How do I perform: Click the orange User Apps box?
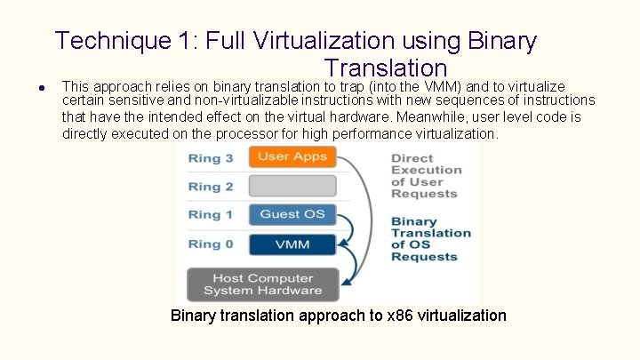pyautogui.click(x=292, y=157)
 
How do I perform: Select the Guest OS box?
pyautogui.click(x=292, y=214)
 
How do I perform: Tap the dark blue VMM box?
pyautogui.click(x=292, y=244)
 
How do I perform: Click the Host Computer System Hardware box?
pyautogui.click(x=262, y=284)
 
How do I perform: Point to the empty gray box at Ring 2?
pyautogui.click(x=292, y=186)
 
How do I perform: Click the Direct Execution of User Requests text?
pyautogui.click(x=426, y=175)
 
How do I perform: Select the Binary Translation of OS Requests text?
pyautogui.click(x=430, y=239)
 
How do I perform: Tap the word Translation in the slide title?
pyautogui.click(x=386, y=68)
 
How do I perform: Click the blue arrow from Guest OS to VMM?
pyautogui.click(x=348, y=229)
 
